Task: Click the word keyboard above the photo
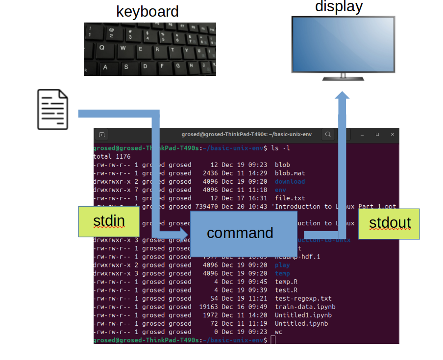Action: (x=147, y=11)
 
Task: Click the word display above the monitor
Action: (x=339, y=6)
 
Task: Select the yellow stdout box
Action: (x=389, y=223)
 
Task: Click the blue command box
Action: (x=240, y=233)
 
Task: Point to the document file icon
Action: (x=53, y=109)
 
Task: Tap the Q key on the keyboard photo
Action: (x=102, y=48)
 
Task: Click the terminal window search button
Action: (x=328, y=134)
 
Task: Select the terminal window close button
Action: (x=393, y=134)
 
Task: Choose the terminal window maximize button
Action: (x=377, y=134)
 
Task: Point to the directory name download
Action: (x=290, y=181)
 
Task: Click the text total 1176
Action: (x=112, y=156)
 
